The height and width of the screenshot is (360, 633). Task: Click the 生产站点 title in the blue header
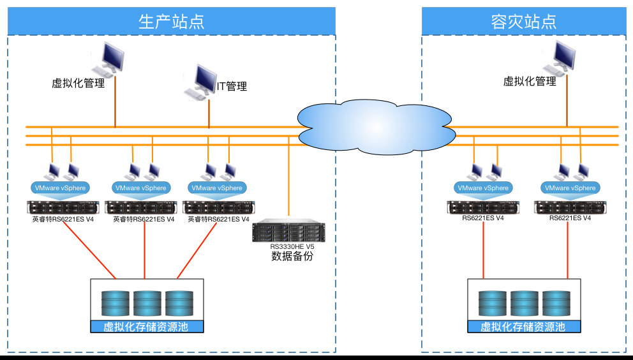pyautogui.click(x=171, y=21)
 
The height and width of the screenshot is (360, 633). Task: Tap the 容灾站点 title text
pyautogui.click(x=523, y=21)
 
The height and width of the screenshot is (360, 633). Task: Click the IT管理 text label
pyautogui.click(x=232, y=86)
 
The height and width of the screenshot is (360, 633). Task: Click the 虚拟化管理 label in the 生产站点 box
pyautogui.click(x=78, y=83)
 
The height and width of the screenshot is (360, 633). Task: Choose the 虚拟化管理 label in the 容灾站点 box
pyautogui.click(x=530, y=81)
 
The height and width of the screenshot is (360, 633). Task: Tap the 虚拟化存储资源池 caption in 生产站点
pyautogui.click(x=147, y=327)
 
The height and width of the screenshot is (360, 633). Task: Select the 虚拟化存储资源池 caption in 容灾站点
pyautogui.click(x=523, y=327)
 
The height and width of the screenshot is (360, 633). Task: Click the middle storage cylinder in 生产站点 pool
pyautogui.click(x=147, y=303)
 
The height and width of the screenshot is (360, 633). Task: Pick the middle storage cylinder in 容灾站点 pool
pyautogui.click(x=524, y=303)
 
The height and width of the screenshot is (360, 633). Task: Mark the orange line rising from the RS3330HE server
pyautogui.click(x=289, y=179)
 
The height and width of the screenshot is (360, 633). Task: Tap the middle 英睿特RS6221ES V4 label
pyautogui.click(x=144, y=219)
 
